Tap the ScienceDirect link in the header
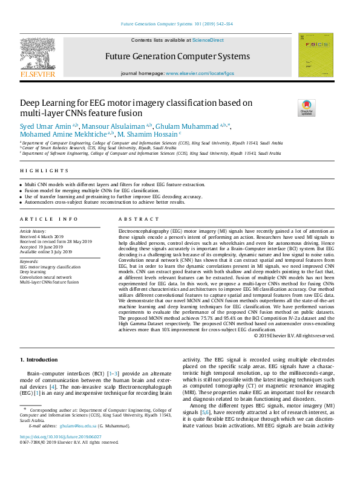pyautogui.click(x=208, y=40)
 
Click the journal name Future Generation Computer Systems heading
pyautogui.click(x=177, y=56)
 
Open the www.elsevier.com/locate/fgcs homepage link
pyautogui.click(x=199, y=73)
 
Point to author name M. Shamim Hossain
pyautogui.click(x=148, y=134)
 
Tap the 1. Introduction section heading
pyautogui.click(x=39, y=360)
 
